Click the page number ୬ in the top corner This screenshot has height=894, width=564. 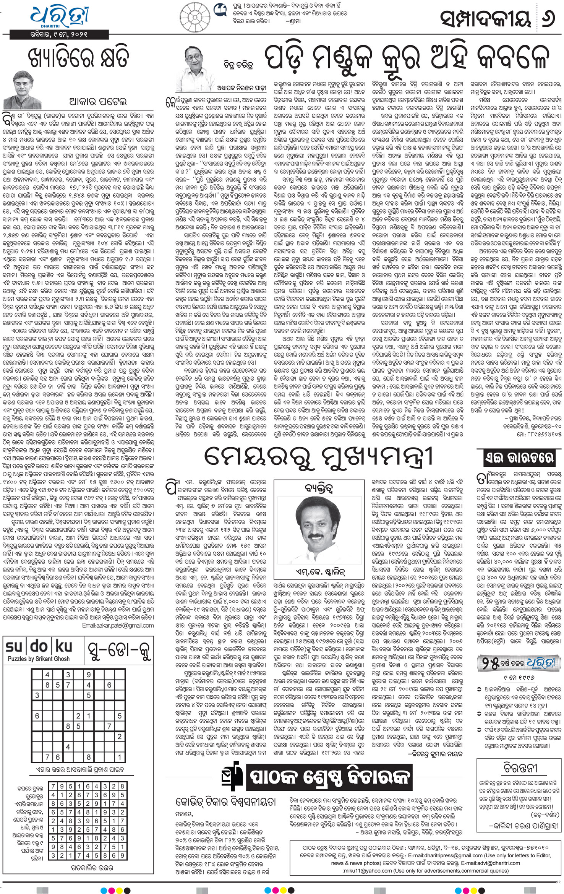[549, 18]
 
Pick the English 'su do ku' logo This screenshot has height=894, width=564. [39, 646]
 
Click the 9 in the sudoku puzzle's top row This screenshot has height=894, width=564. [89, 675]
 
